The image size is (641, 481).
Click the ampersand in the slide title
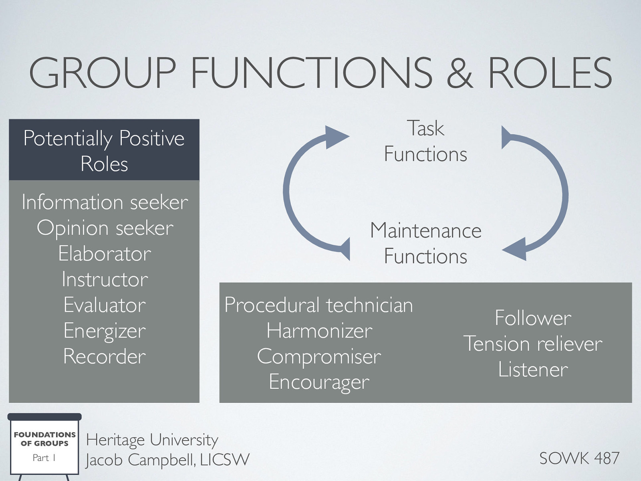pyautogui.click(x=460, y=73)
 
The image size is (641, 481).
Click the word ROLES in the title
pyautogui.click(x=550, y=73)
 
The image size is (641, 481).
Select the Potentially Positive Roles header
pyautogui.click(x=104, y=150)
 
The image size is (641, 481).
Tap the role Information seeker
pyautogui.click(x=105, y=202)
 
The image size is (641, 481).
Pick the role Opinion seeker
pyautogui.click(x=105, y=228)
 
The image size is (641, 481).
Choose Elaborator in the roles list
pyautogui.click(x=105, y=254)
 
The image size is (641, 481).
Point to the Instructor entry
pyautogui.click(x=105, y=279)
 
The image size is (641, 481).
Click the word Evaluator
pyautogui.click(x=105, y=305)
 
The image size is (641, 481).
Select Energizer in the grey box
pyautogui.click(x=105, y=331)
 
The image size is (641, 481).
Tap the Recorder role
pyautogui.click(x=105, y=356)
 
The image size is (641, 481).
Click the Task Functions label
pyautogui.click(x=425, y=141)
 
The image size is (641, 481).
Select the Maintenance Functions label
pyautogui.click(x=425, y=243)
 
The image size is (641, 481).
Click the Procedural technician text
pyautogui.click(x=318, y=305)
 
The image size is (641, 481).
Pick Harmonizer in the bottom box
pyautogui.click(x=319, y=331)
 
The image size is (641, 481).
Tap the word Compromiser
pyautogui.click(x=319, y=356)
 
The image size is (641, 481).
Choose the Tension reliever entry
pyautogui.click(x=533, y=344)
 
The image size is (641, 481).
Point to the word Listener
pyautogui.click(x=533, y=370)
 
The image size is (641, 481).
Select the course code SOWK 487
pyautogui.click(x=579, y=458)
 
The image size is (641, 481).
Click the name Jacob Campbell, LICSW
pyautogui.click(x=167, y=460)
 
